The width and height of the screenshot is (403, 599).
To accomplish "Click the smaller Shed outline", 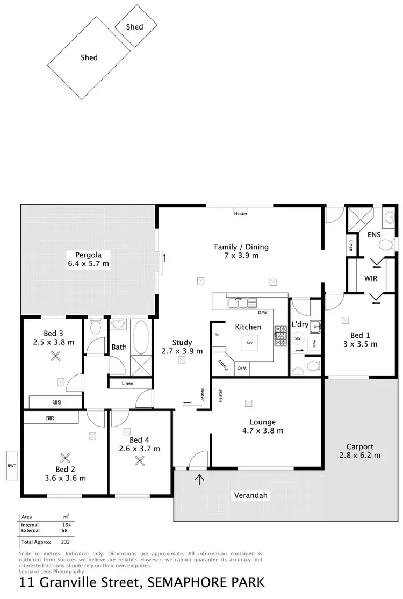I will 136,26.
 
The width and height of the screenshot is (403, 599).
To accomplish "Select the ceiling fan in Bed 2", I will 66,458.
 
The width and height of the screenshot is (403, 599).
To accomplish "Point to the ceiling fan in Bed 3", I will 55,355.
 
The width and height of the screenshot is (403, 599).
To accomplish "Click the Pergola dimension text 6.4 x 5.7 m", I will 89,263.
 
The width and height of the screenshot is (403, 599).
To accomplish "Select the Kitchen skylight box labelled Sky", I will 249,342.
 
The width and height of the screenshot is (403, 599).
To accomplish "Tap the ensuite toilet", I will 386,245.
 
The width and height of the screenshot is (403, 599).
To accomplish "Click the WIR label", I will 371,278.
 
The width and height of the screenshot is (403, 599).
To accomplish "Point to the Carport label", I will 359,446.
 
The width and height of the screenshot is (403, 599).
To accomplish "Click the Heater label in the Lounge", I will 221,395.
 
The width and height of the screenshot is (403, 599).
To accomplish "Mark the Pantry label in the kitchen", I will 221,365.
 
